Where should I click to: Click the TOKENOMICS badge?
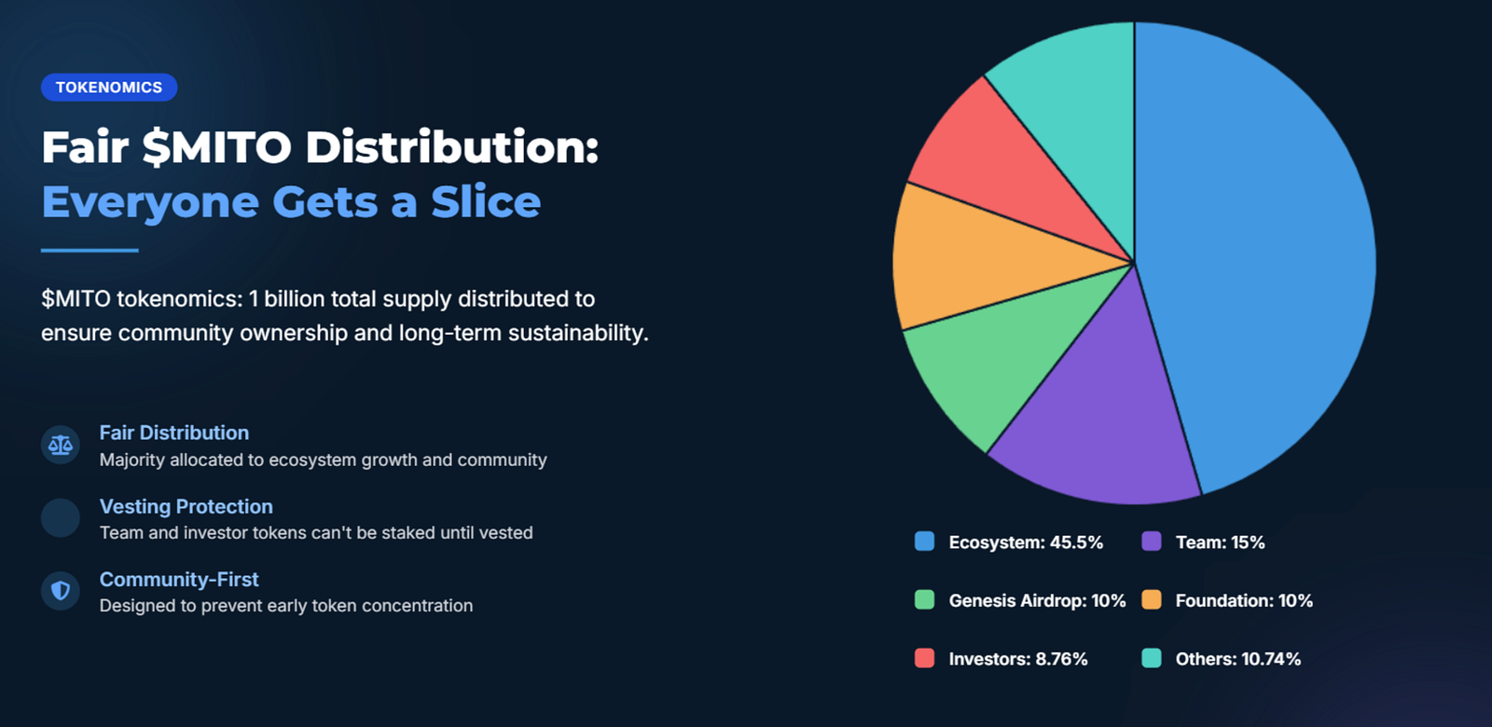pyautogui.click(x=109, y=88)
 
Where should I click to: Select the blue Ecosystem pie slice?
pyautogui.click(x=1259, y=253)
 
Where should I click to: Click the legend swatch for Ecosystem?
pyautogui.click(x=924, y=542)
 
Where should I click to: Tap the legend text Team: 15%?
pyautogui.click(x=1220, y=542)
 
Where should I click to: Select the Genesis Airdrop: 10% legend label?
pyautogui.click(x=1037, y=600)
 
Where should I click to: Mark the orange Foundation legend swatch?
pyautogui.click(x=1152, y=600)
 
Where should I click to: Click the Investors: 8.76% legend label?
pyautogui.click(x=1017, y=659)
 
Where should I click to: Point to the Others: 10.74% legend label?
pyautogui.click(x=1237, y=659)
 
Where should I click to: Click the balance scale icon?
pyautogui.click(x=61, y=445)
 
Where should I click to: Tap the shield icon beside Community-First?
pyautogui.click(x=61, y=591)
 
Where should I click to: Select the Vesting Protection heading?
pyautogui.click(x=186, y=507)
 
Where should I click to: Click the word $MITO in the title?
pyautogui.click(x=216, y=147)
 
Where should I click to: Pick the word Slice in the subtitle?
pyautogui.click(x=486, y=201)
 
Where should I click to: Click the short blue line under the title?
pyautogui.click(x=90, y=251)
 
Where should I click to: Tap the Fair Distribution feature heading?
pyautogui.click(x=173, y=432)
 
